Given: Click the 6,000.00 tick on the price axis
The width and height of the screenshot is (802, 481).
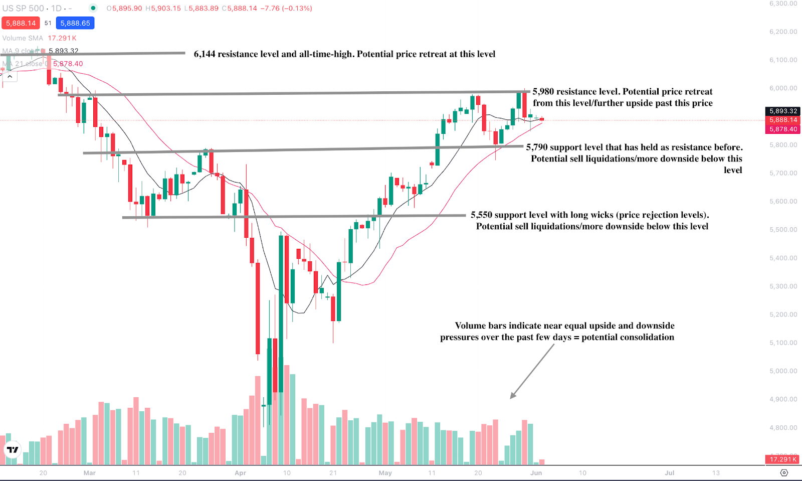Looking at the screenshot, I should tap(783, 88).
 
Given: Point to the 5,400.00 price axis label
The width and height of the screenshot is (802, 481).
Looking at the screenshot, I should tap(783, 258).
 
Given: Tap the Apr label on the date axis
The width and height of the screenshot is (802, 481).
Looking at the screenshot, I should tap(241, 473).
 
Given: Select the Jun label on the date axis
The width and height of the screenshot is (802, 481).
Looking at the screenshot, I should tap(536, 473).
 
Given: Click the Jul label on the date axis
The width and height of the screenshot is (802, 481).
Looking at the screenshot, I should tap(669, 473).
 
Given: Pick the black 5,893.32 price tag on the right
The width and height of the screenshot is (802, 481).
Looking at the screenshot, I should tap(783, 111).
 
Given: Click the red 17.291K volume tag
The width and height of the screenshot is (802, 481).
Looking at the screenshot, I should tap(783, 459).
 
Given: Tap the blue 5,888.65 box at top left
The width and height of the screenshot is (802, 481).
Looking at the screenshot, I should tap(75, 23).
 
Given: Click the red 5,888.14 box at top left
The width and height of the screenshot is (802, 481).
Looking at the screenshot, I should tap(21, 23).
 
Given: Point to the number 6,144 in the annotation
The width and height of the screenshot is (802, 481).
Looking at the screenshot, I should tap(205, 54).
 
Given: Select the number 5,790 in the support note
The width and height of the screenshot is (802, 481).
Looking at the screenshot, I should tap(536, 147).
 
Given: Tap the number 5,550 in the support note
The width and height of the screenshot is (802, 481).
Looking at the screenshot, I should tap(481, 215).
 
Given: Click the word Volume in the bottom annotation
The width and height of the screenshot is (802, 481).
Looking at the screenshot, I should tap(470, 326).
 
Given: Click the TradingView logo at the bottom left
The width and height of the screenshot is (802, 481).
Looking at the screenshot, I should tap(13, 449).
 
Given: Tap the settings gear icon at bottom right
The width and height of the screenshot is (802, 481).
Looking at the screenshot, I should tap(784, 473).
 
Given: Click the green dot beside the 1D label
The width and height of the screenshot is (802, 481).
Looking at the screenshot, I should tap(93, 8).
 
